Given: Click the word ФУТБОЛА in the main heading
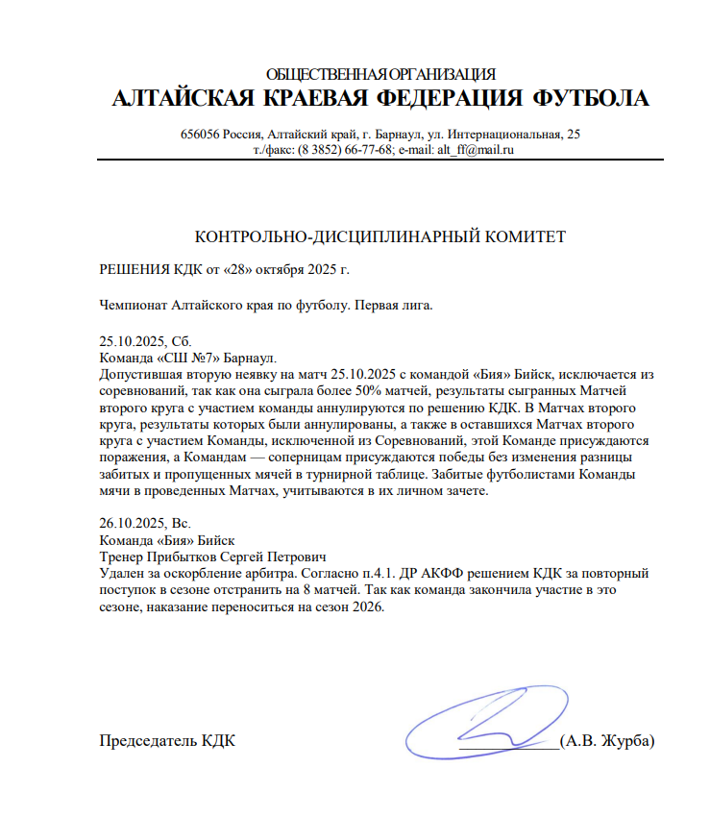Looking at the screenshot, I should point(589,98).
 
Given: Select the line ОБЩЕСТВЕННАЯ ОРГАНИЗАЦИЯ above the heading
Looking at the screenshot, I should point(379,74).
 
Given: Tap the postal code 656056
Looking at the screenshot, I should point(199,134).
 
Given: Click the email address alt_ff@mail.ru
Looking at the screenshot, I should point(471,149).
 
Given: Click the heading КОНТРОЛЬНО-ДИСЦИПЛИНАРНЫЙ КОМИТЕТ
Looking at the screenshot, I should point(380,236).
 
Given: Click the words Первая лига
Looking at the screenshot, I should point(395,307).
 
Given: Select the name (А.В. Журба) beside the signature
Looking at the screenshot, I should point(608,741).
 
